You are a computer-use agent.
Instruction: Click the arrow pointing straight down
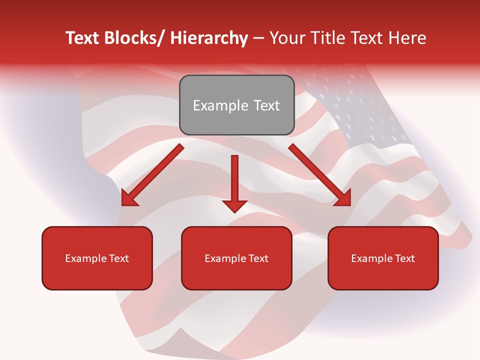tap(235, 180)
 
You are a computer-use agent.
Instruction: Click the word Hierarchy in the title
tap(209, 38)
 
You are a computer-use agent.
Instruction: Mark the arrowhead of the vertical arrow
tap(235, 205)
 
